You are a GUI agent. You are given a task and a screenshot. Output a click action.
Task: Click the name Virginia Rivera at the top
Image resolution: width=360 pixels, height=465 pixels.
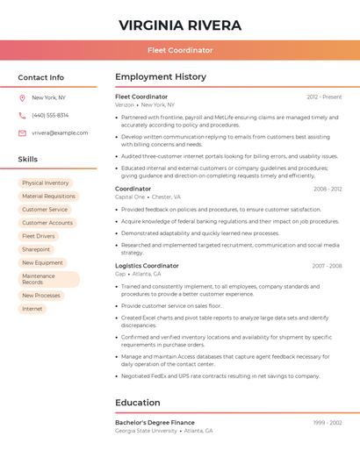tap(180, 25)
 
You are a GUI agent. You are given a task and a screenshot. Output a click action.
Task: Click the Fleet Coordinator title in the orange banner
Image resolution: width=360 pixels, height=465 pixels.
tap(180, 50)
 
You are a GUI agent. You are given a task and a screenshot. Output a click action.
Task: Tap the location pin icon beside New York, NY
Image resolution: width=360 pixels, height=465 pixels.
tap(22, 97)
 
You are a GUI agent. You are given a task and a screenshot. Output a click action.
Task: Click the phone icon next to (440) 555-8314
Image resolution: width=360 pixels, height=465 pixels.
tap(22, 115)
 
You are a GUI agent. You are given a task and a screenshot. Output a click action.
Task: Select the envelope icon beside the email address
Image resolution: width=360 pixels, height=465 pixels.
tap(22, 132)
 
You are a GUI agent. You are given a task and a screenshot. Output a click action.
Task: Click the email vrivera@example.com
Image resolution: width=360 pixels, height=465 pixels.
tap(60, 132)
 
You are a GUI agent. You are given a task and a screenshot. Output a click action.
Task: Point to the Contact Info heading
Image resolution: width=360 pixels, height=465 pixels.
tap(40, 77)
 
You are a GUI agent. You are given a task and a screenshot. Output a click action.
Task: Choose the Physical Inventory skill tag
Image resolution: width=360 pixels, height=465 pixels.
tap(45, 183)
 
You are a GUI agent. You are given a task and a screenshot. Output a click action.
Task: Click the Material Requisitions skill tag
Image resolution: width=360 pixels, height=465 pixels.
tap(48, 197)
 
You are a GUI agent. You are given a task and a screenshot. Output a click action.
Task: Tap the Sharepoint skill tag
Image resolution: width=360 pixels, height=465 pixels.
tap(36, 249)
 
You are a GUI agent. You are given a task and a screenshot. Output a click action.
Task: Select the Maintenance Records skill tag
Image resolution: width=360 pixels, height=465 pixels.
tap(48, 279)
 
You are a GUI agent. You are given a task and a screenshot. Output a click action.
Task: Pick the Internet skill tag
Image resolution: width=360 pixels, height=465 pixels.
tap(32, 309)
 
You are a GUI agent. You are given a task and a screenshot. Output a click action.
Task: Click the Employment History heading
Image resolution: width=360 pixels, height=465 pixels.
tap(161, 77)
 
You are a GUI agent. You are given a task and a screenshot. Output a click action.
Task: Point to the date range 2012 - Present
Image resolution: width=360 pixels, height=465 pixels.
tap(324, 97)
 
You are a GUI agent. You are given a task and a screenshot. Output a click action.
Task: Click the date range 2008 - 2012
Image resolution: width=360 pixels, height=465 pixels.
tap(328, 189)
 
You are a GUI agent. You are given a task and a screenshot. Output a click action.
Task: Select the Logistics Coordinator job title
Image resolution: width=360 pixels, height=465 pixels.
tap(147, 266)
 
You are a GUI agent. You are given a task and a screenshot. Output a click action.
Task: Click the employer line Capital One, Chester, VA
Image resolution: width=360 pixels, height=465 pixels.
tap(148, 197)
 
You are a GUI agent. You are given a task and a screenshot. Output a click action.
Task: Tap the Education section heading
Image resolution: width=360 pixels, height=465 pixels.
tap(138, 403)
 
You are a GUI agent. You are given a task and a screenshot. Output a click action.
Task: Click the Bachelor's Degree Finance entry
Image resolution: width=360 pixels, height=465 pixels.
tap(155, 423)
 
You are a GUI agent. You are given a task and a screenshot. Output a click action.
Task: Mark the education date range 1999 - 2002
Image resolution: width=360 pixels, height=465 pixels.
tap(328, 423)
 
